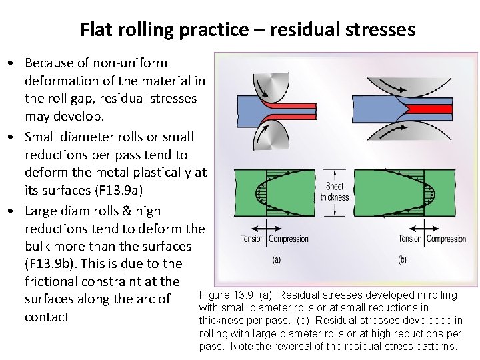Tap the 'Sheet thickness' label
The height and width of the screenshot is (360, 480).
coord(334,192)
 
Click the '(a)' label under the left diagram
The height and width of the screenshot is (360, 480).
coord(276,259)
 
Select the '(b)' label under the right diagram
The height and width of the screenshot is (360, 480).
coord(402,259)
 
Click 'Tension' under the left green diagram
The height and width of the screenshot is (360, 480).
coord(253,239)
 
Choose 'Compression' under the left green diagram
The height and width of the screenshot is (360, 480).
coord(289,239)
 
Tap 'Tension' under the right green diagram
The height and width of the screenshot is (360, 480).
coord(410,239)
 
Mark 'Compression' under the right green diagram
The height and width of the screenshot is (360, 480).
coord(446,239)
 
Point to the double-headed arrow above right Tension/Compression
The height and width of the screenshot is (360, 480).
coord(423,226)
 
